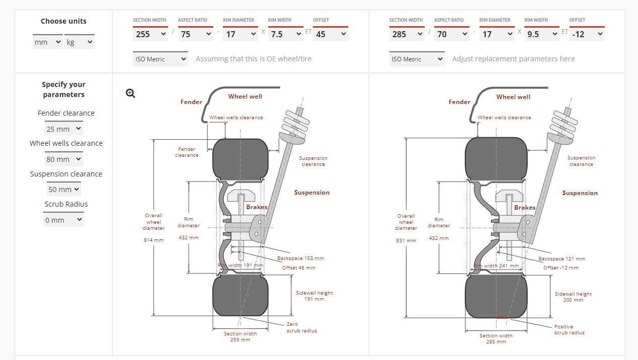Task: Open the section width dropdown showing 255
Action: (150, 34)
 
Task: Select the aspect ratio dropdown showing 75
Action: (195, 34)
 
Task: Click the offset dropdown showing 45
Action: (331, 34)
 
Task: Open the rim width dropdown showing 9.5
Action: (541, 34)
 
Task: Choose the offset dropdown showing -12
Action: (587, 34)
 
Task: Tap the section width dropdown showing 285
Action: (407, 34)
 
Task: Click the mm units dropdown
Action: (48, 42)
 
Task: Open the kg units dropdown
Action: (79, 42)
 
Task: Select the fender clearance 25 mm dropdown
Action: (64, 129)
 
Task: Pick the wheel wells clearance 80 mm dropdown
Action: (64, 159)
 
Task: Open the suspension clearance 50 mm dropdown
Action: (64, 190)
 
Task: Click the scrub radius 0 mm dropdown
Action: (63, 220)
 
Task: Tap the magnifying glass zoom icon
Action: (130, 93)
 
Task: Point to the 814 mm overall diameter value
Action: (153, 240)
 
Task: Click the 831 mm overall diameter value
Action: (406, 240)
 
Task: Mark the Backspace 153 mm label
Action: (300, 258)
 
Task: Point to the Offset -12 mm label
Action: (561, 268)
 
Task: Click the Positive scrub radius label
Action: (569, 330)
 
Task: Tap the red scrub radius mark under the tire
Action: (502, 318)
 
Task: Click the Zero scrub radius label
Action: (301, 327)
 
